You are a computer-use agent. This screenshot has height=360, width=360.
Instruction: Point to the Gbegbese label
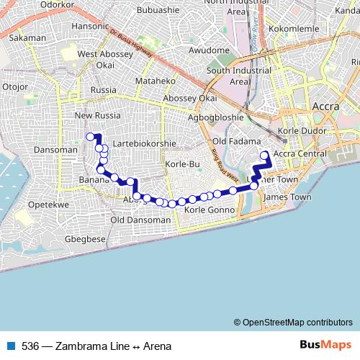85,238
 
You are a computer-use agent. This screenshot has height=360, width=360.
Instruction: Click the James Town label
288,197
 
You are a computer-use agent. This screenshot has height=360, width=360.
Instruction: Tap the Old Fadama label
234,141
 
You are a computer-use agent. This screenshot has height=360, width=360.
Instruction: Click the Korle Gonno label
207,210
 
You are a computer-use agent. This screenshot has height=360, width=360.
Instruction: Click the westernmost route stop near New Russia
91,137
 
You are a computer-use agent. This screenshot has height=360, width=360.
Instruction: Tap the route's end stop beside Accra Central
264,155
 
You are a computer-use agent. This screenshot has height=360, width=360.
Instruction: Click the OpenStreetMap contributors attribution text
297,322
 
